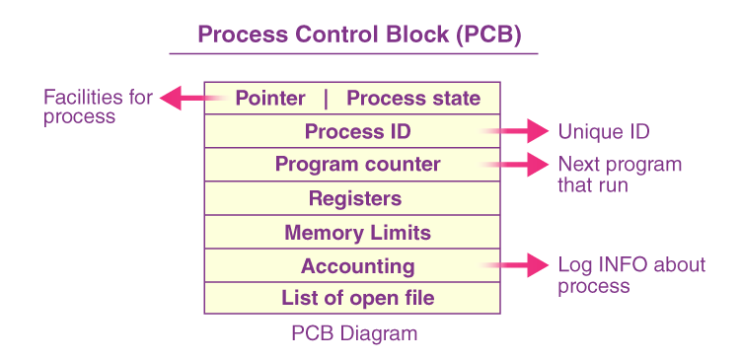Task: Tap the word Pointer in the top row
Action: tap(270, 99)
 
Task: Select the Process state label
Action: tap(413, 99)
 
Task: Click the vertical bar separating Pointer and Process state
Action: tap(326, 99)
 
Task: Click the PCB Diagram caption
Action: tap(354, 333)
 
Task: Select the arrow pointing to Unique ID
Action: tap(518, 130)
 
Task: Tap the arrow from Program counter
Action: tap(518, 164)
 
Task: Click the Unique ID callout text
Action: tap(604, 131)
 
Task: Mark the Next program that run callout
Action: tap(619, 174)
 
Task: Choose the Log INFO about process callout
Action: tap(631, 275)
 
